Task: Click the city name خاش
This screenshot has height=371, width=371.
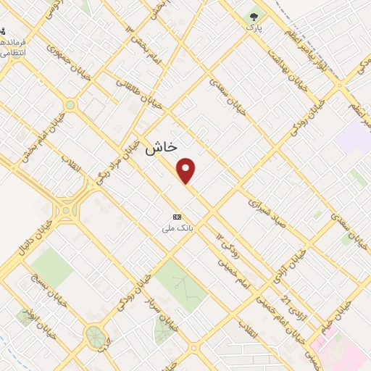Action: (161, 147)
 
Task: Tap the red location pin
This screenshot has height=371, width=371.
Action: (186, 170)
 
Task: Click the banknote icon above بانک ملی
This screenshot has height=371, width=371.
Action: (177, 217)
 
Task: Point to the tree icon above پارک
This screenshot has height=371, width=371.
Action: (254, 16)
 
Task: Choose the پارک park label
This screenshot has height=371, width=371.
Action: (253, 27)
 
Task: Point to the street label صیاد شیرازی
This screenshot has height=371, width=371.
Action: (268, 211)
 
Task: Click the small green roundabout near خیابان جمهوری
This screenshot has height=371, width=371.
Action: (70, 105)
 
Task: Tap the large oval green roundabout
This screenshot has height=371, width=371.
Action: (94, 335)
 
